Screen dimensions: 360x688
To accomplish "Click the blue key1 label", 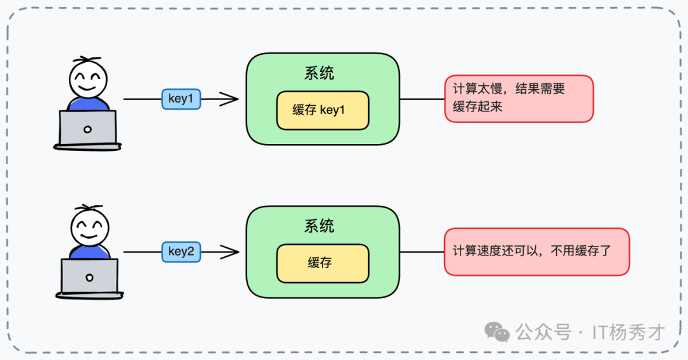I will pyautogui.click(x=181, y=99).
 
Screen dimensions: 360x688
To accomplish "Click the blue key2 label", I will pyautogui.click(x=181, y=252).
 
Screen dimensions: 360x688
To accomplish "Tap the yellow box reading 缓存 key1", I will pyautogui.click(x=322, y=110).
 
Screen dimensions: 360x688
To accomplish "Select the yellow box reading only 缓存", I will pyautogui.click(x=322, y=263).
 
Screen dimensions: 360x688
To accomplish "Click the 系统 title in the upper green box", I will pyautogui.click(x=319, y=73).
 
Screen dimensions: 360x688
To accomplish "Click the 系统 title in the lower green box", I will pyautogui.click(x=319, y=226).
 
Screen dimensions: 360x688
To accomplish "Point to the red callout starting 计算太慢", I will pyautogui.click(x=519, y=98).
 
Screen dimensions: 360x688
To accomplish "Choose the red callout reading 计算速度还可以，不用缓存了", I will pyautogui.click(x=536, y=252).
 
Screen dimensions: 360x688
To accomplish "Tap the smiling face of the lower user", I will pyautogui.click(x=89, y=227).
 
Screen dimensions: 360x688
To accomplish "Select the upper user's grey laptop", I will pyautogui.click(x=87, y=128).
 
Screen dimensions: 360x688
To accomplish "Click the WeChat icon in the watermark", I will pyautogui.click(x=497, y=332).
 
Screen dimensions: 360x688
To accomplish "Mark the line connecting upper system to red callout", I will pyautogui.click(x=421, y=99).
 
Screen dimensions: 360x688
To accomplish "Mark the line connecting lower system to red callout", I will pyautogui.click(x=421, y=252).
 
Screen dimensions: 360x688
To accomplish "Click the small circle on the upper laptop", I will pyautogui.click(x=87, y=129).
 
